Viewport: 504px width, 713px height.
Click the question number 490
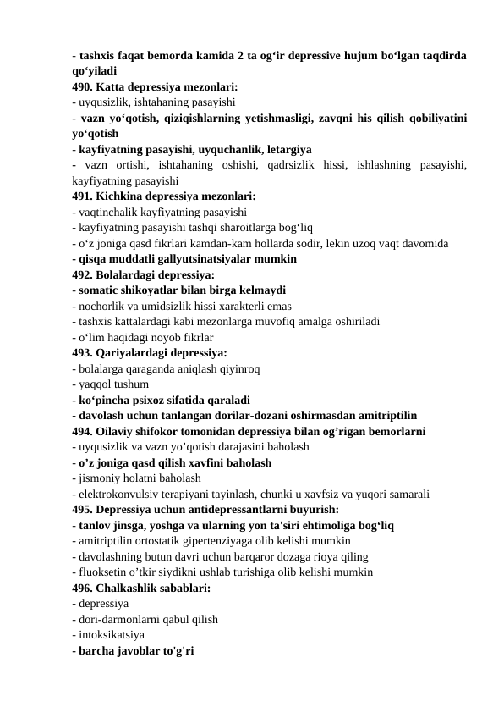(83, 86)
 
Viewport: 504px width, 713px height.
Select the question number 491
(83, 196)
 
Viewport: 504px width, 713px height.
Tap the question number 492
(83, 274)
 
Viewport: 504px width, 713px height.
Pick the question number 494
(83, 431)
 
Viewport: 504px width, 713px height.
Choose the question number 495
(83, 509)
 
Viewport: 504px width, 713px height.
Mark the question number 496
(83, 587)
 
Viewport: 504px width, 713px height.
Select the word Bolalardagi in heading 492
(130, 274)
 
